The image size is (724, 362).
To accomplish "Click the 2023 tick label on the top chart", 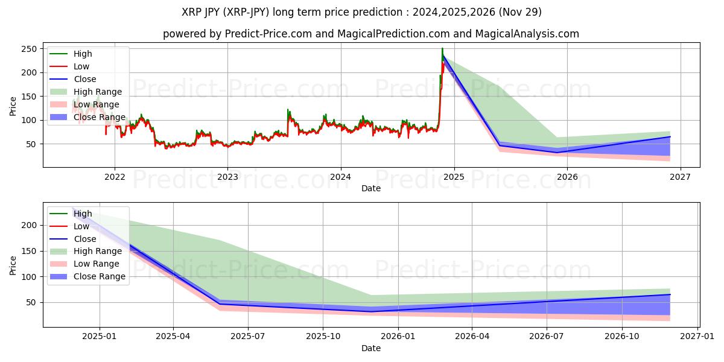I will (227, 177).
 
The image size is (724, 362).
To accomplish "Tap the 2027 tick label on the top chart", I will (681, 177).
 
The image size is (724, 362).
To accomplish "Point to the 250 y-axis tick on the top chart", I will (30, 49).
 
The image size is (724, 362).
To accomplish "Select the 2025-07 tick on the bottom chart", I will (248, 337).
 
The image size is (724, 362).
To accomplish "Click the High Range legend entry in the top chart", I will (98, 92).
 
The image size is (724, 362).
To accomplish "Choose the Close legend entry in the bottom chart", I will (85, 239).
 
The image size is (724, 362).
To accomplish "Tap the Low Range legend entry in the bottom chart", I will (97, 264).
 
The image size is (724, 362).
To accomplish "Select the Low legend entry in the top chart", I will (81, 66).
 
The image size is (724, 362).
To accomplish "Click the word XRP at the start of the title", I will (192, 12).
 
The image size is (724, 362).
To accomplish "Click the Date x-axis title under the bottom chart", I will (370, 348).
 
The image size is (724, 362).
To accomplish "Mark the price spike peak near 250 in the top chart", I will (442, 48).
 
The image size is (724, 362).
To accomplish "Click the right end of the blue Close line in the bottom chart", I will (670, 294).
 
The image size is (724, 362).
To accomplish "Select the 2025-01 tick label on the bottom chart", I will (100, 337).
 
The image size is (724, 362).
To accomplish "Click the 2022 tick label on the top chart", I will (115, 177).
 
